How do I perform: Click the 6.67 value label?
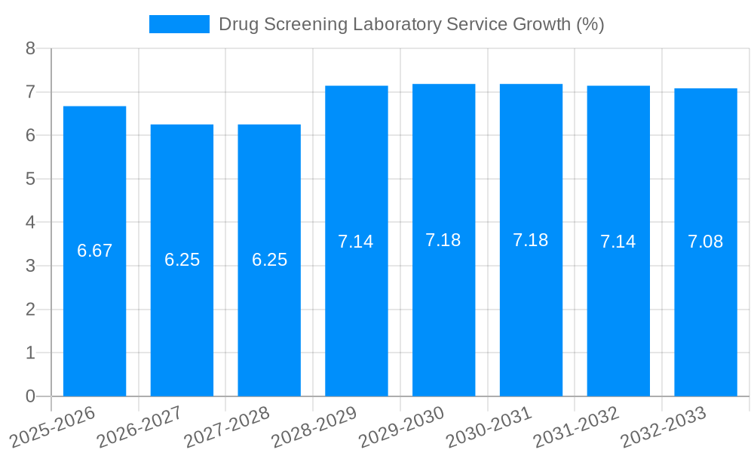(94, 251)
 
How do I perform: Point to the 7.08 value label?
(705, 242)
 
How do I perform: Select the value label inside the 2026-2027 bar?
(182, 260)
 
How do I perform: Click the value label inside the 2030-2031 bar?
(530, 240)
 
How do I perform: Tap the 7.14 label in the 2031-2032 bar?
(618, 242)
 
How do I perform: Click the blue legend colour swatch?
(179, 24)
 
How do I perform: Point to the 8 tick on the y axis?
(30, 48)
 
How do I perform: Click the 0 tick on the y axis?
(30, 396)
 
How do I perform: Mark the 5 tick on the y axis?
(30, 179)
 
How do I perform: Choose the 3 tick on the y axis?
(30, 266)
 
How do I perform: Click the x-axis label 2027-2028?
(226, 427)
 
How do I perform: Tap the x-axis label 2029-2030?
(401, 427)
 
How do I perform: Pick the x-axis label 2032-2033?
(663, 427)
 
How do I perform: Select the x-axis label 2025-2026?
(52, 427)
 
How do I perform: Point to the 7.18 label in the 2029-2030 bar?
(443, 240)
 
